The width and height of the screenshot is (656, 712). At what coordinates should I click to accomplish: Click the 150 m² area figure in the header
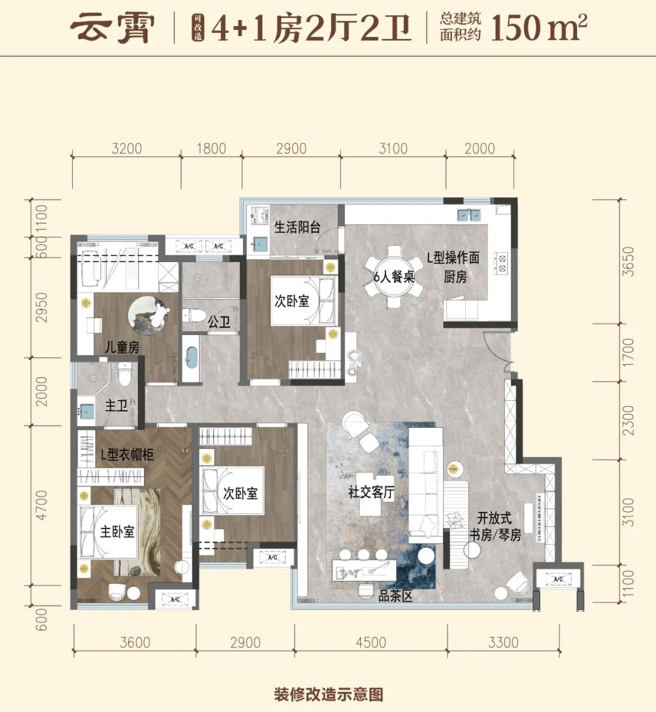point(539,27)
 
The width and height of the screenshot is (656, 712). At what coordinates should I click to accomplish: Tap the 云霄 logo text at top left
point(112,28)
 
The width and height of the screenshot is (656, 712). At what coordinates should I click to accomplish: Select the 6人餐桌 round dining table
point(394,277)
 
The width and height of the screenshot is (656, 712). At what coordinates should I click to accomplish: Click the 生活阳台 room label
point(297,227)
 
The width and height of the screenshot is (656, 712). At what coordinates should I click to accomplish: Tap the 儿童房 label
point(122,347)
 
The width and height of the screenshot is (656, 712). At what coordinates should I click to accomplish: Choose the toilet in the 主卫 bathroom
point(124,374)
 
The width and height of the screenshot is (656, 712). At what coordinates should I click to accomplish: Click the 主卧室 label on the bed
point(117,531)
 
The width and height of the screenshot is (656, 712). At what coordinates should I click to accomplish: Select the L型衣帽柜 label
point(127,454)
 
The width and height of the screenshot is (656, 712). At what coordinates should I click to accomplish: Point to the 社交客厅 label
point(371,492)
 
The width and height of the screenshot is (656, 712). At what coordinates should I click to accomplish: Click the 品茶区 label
point(395,596)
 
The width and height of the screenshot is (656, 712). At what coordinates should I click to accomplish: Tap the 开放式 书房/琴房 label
point(495,527)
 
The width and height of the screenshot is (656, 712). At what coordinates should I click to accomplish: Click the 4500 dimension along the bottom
point(371,642)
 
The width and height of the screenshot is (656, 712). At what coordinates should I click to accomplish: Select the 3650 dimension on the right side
point(628,261)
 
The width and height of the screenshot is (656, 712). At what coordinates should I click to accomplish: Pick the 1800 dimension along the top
point(211,148)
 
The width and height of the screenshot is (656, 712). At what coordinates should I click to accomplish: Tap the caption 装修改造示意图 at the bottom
point(329,694)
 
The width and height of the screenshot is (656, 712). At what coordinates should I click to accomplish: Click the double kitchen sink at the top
point(469,214)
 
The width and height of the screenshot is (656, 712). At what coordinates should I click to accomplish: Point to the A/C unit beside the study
point(558,579)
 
